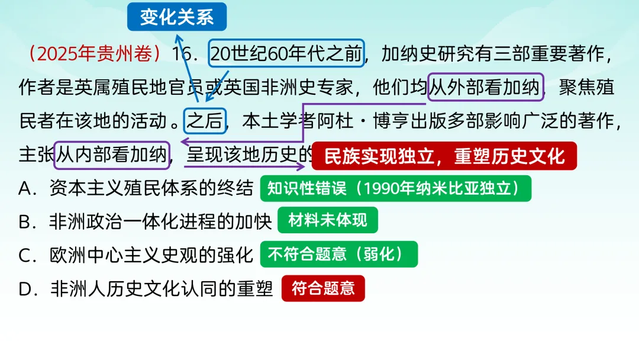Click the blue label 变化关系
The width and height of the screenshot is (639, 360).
pos(177,17)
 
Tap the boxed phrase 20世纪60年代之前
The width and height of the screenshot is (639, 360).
pos(286,54)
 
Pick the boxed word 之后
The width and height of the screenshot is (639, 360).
pos(205,121)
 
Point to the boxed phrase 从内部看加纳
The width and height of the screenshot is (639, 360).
pos(112,155)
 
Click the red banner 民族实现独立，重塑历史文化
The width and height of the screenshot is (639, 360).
pos(444,156)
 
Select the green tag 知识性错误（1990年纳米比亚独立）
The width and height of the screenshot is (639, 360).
pos(395,188)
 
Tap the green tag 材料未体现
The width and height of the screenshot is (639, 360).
pos(327,221)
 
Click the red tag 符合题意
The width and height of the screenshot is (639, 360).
pos(323,288)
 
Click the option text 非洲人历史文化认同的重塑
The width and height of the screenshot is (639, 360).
pos(162,288)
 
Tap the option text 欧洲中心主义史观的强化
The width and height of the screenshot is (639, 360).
pos(151,255)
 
